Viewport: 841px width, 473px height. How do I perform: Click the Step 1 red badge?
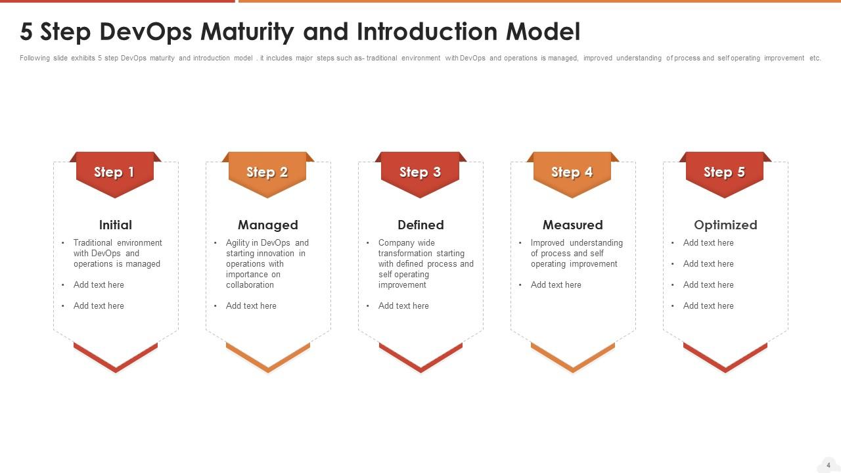pyautogui.click(x=115, y=173)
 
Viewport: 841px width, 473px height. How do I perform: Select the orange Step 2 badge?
pyautogui.click(x=267, y=173)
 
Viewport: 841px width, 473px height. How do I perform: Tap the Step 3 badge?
pyautogui.click(x=420, y=173)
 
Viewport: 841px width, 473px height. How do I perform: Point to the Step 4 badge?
pyautogui.click(x=572, y=173)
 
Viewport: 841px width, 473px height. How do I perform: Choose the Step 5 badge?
pyautogui.click(x=725, y=173)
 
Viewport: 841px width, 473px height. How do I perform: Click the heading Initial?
pyautogui.click(x=115, y=225)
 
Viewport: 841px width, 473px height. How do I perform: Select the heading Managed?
pyautogui.click(x=267, y=225)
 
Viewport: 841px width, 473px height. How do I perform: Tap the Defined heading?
pyautogui.click(x=420, y=225)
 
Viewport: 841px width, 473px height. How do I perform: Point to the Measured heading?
pyautogui.click(x=572, y=225)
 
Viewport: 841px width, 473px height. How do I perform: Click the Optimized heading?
pyautogui.click(x=725, y=225)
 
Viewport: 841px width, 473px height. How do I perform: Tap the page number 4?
pyautogui.click(x=829, y=465)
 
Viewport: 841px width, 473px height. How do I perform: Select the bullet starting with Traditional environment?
pyautogui.click(x=117, y=253)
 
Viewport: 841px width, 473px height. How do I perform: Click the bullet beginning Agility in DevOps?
pyautogui.click(x=267, y=263)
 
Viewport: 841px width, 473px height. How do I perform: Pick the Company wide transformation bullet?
pyautogui.click(x=425, y=263)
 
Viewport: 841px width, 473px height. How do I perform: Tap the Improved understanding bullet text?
pyautogui.click(x=576, y=253)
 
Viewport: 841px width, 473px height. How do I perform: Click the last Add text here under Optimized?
pyautogui.click(x=708, y=305)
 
